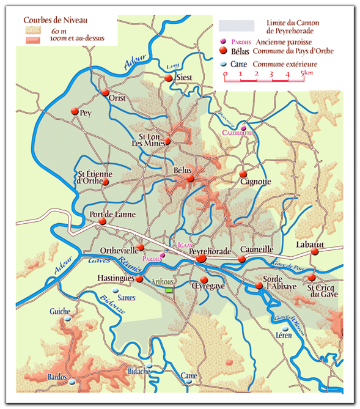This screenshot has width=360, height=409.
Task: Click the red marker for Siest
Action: [168, 78]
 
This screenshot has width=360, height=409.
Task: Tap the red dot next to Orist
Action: [105, 92]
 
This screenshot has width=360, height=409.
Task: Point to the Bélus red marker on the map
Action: [191, 179]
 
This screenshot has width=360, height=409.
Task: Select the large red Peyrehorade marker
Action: [201, 259]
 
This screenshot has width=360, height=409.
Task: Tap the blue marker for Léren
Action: [285, 328]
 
